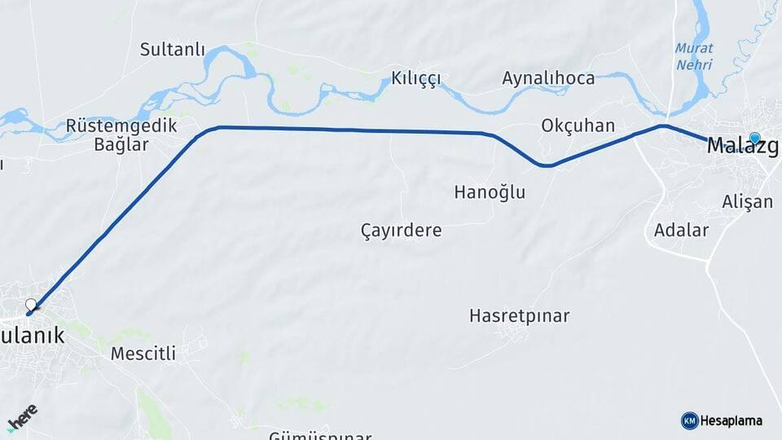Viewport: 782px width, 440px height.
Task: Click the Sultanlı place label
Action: coord(172,49)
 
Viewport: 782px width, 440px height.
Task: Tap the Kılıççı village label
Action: coord(415,78)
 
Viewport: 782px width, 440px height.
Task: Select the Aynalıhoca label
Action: coord(548,78)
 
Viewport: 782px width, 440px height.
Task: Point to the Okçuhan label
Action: coord(578,126)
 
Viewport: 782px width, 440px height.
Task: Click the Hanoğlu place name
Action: coord(490,192)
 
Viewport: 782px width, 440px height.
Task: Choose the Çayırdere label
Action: coord(401,231)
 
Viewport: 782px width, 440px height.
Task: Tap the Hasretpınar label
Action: coord(519,315)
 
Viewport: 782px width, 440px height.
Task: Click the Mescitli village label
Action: coord(143,354)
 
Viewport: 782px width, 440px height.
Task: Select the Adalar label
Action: coord(681,230)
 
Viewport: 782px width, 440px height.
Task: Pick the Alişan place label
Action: coord(747,201)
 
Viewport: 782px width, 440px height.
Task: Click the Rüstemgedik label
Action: coord(121,126)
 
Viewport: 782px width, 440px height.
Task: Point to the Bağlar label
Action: coord(121,145)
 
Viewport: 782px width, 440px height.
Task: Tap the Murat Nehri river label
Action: coord(693,55)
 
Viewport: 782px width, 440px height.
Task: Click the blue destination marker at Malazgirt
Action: coord(755,139)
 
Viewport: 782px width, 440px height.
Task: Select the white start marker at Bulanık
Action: coord(31,306)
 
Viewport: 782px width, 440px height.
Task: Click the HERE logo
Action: coord(22,417)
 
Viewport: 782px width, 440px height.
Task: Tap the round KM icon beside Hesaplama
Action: coord(689,420)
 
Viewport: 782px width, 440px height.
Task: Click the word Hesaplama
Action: coord(731,420)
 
